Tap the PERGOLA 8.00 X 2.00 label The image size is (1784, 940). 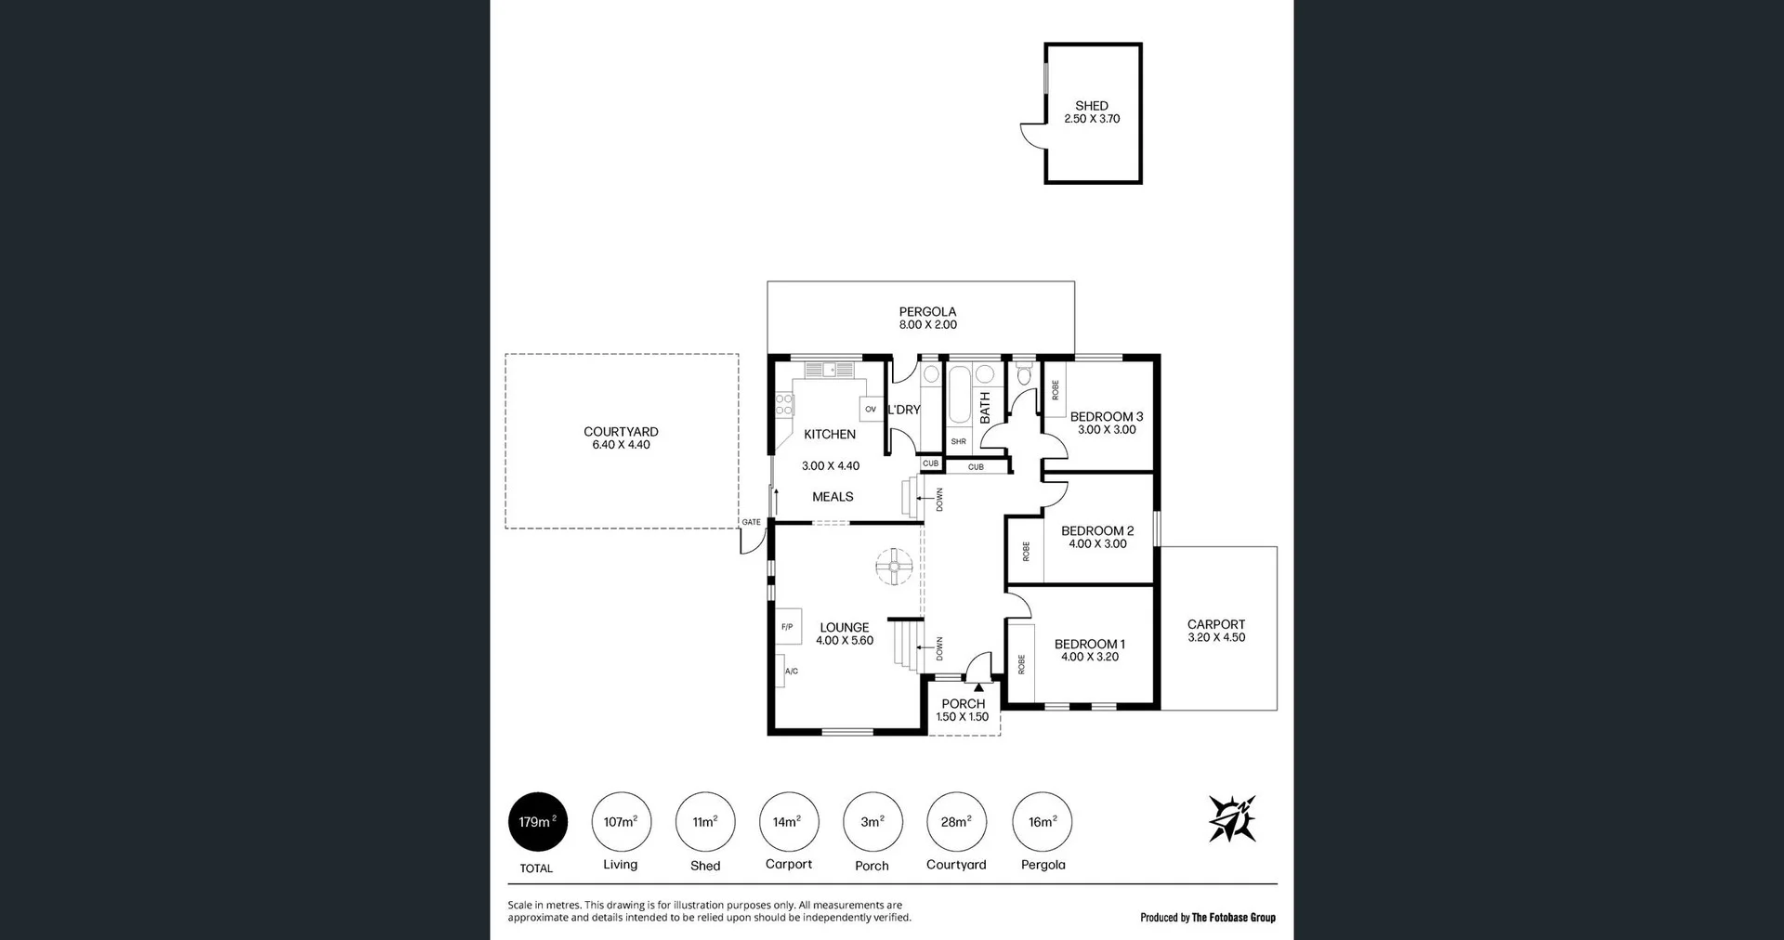coord(927,319)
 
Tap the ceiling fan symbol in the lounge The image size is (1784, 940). coord(894,567)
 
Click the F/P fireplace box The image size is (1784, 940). coord(788,627)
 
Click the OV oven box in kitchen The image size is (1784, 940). coord(871,409)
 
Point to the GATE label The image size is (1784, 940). coord(751,522)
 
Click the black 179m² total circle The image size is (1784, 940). coord(537,822)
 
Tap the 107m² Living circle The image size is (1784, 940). coord(621,822)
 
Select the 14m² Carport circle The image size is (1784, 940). coord(789,822)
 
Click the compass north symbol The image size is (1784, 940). coord(1232,818)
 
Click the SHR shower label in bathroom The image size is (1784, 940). coord(958,442)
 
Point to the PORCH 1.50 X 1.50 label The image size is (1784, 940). coord(963,711)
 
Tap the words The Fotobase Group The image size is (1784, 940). coord(1233,918)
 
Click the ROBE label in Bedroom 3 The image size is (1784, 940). coord(1055,390)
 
